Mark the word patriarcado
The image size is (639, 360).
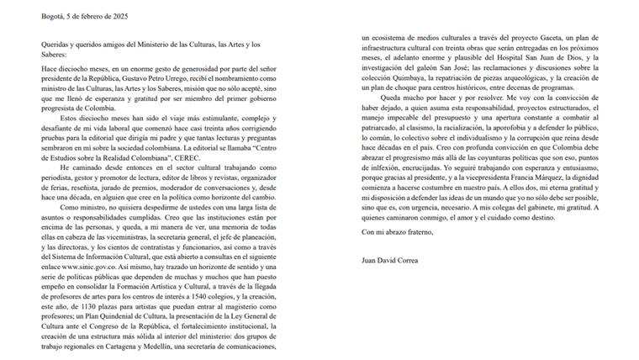point(383,142)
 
